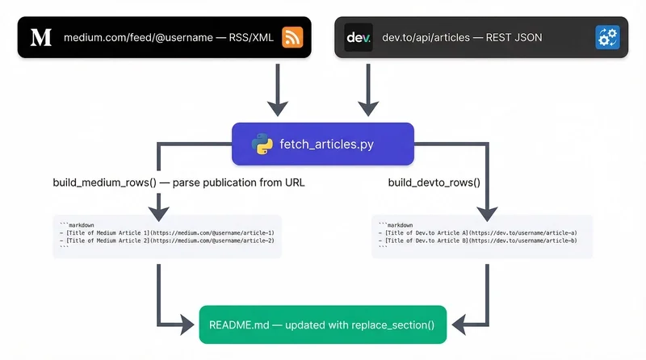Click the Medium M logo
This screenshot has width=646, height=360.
click(40, 37)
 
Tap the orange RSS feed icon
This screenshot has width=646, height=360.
click(292, 38)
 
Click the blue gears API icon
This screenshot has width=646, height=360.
click(606, 38)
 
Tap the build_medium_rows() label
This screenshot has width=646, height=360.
click(104, 182)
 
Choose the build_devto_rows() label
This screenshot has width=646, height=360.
click(434, 182)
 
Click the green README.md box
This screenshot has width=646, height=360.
click(322, 325)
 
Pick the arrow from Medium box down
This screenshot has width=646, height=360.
click(277, 89)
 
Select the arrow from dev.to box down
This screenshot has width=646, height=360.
click(368, 89)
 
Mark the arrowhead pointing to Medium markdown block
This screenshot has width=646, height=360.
click(159, 210)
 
